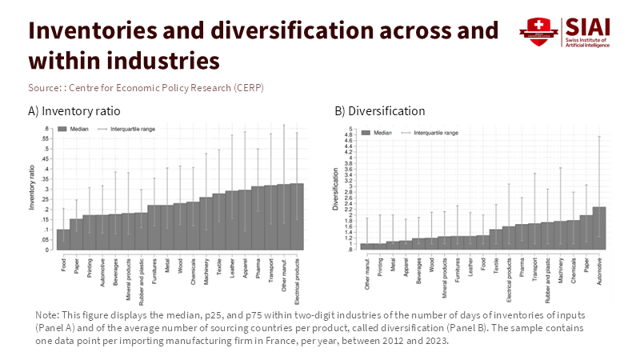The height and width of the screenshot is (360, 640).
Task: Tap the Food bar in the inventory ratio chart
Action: pos(62,239)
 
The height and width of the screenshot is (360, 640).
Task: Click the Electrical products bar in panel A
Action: pos(297,216)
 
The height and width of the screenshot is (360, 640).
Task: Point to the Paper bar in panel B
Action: pos(586,232)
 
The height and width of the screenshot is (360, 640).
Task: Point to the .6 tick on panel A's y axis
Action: pos(47,129)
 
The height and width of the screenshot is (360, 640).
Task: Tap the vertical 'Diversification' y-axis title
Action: pos(337,189)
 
